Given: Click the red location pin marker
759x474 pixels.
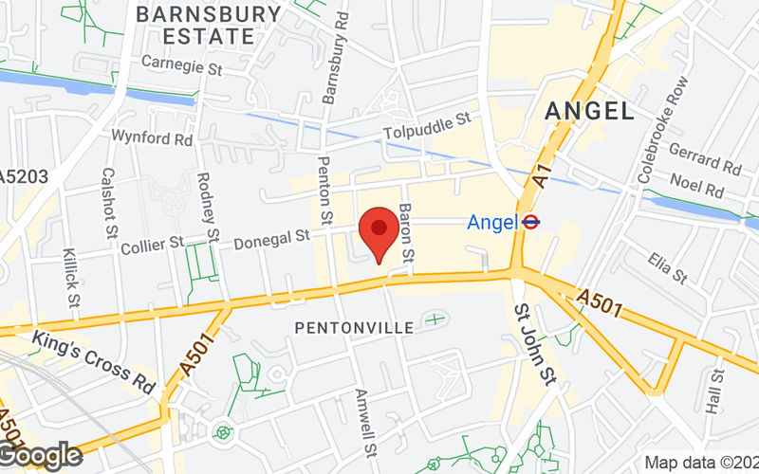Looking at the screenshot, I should click(x=379, y=230).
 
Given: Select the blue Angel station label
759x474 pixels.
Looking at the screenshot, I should click(x=491, y=223).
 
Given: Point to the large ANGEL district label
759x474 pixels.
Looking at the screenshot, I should click(x=590, y=110).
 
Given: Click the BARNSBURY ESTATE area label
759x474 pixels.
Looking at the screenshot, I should click(x=208, y=26).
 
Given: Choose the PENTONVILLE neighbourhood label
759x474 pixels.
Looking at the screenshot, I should click(x=354, y=327).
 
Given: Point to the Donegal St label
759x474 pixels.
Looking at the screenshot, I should click(x=274, y=236).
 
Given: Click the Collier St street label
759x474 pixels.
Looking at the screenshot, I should click(x=153, y=246).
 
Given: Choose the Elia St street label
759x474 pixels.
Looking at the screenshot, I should click(x=668, y=267).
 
